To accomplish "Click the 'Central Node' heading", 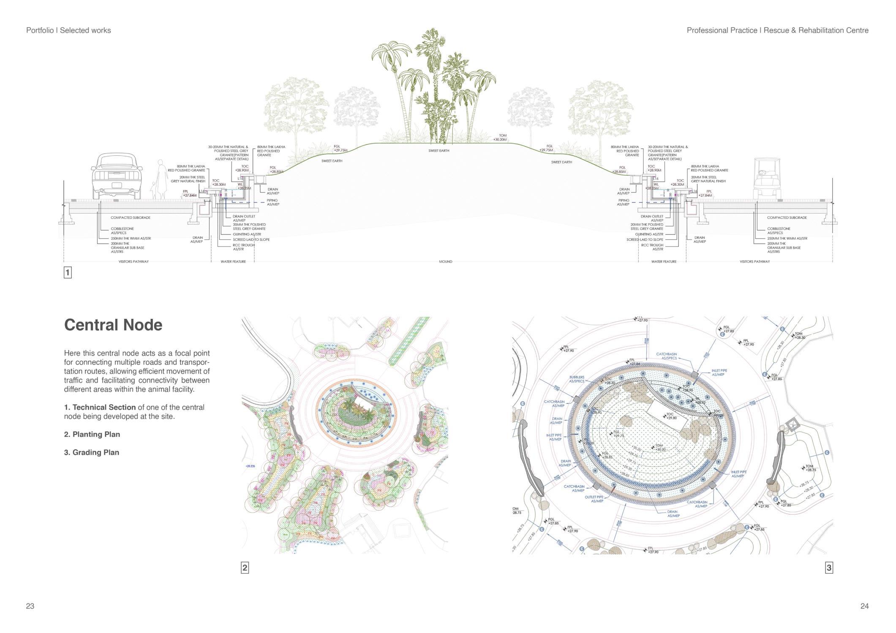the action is coord(113,325).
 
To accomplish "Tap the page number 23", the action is coord(30,606).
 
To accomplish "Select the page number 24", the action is coord(864,606).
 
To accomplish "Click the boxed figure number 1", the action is coord(68,272).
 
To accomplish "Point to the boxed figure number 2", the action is coord(245,568).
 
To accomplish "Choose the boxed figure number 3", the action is coord(829,568).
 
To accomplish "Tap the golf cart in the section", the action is coord(765,179).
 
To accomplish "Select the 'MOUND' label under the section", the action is coord(446,261).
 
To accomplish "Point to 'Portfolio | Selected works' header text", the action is coord(68,30).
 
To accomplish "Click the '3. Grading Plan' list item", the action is coord(92,452).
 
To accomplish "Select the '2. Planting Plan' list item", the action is coord(92,434).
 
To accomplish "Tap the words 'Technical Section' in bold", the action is coord(104,407).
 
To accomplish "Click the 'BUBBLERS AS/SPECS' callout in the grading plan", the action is coord(577,379).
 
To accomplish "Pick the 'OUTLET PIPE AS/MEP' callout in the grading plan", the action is coord(594,499).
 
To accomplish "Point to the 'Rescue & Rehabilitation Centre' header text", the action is coord(816,30).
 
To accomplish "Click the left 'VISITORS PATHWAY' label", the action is coord(133,261).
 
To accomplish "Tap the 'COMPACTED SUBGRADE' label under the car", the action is coord(131,217).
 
